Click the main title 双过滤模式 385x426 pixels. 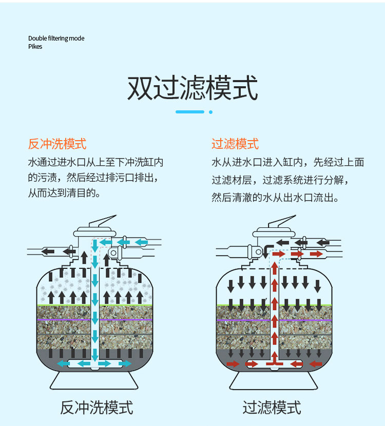click(192, 88)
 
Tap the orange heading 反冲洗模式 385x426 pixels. click(57, 144)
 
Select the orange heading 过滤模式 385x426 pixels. click(235, 144)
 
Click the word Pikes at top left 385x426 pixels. click(35, 47)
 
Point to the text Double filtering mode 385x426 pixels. click(56, 38)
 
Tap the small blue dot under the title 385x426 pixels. click(210, 111)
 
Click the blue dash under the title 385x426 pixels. click(190, 111)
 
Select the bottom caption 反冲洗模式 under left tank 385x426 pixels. click(97, 408)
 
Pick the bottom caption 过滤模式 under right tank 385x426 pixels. click(272, 408)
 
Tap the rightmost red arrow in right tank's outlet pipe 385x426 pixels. click(316, 254)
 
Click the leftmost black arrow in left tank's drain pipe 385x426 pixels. click(48, 251)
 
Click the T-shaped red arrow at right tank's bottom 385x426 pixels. click(274, 363)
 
